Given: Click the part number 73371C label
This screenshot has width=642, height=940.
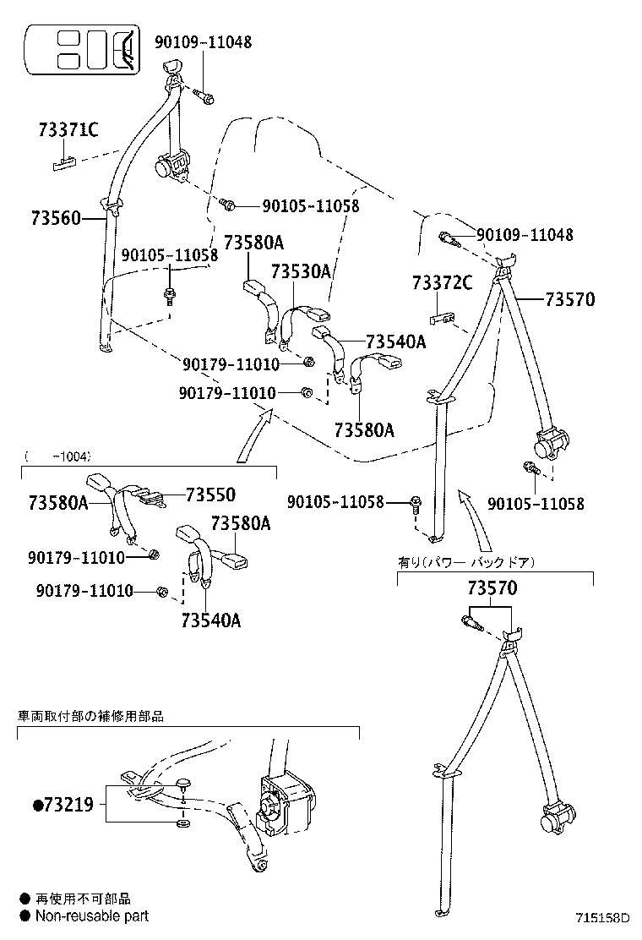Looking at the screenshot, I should pyautogui.click(x=68, y=129).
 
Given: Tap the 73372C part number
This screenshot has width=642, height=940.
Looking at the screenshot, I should pyautogui.click(x=442, y=282).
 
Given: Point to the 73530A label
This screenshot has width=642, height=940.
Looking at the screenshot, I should pyautogui.click(x=301, y=271).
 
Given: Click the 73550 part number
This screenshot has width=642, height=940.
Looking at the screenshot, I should pyautogui.click(x=210, y=495).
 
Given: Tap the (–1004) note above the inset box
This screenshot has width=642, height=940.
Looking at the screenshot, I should pyautogui.click(x=57, y=456).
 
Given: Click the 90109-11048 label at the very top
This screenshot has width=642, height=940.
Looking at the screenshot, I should pyautogui.click(x=203, y=41).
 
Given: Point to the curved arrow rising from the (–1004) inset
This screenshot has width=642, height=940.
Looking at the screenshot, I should pyautogui.click(x=254, y=434).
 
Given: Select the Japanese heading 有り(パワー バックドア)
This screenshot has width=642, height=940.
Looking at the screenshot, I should pyautogui.click(x=466, y=561).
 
